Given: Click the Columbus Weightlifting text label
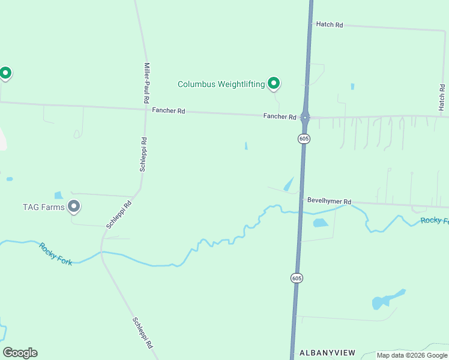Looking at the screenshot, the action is [221, 84].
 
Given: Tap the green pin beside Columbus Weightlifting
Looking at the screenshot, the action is [274, 83].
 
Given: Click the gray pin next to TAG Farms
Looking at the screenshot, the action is [74, 206].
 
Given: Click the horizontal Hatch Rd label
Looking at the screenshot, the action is [329, 25].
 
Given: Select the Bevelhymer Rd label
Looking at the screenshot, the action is [329, 202].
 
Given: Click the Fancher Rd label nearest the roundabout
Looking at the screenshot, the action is [280, 116].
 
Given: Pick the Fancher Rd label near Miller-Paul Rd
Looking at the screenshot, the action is [169, 110].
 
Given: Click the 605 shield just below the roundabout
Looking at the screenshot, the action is [304, 139].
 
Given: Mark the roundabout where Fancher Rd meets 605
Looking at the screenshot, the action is [305, 117].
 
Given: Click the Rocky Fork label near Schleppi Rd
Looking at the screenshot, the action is [56, 254].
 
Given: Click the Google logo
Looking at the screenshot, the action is [20, 353].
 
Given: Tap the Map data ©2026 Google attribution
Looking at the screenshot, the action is [412, 355].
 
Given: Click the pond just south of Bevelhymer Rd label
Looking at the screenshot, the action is [321, 223].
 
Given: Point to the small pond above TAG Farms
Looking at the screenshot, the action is [58, 195].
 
